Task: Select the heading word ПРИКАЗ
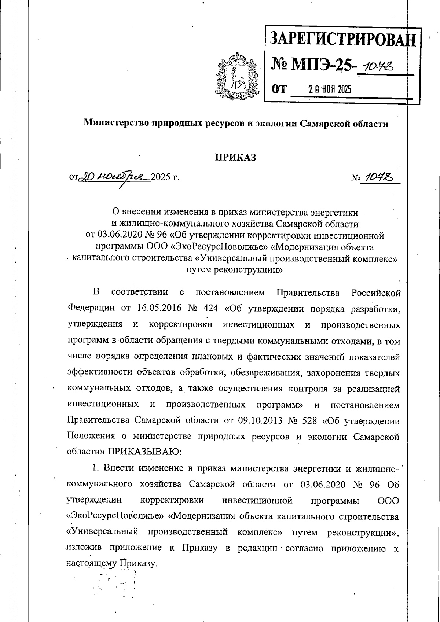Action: tap(235, 157)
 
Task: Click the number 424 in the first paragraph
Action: tap(210, 308)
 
